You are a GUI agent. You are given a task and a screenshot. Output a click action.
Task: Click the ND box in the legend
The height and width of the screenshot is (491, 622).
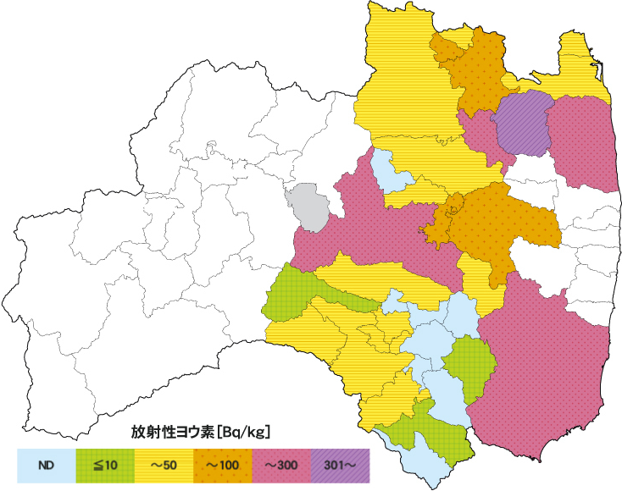point(47,464)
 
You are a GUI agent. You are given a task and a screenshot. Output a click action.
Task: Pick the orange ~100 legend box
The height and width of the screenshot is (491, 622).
point(223,464)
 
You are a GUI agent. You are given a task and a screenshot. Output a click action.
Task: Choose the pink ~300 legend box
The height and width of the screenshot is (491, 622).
point(281,464)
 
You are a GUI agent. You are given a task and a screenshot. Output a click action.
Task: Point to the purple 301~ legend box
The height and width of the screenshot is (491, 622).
point(340,464)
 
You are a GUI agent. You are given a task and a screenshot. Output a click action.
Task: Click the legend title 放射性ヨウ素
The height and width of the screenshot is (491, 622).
point(172,432)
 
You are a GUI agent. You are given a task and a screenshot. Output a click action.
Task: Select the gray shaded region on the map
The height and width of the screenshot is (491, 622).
point(307,206)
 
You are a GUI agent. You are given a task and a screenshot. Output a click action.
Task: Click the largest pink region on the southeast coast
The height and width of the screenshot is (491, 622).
point(542,364)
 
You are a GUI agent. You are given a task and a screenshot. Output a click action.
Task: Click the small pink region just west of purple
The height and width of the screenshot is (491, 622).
point(480,135)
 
